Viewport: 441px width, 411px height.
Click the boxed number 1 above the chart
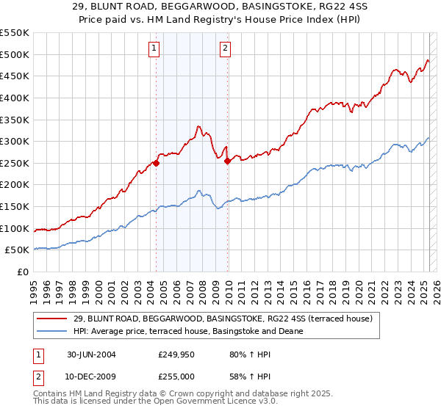click(154, 49)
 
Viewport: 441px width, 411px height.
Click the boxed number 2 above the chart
click(225, 49)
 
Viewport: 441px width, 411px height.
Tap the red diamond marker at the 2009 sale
click(228, 161)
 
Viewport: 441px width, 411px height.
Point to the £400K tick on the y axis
click(15, 98)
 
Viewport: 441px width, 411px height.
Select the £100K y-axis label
click(15, 228)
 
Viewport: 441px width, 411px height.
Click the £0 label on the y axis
click(23, 272)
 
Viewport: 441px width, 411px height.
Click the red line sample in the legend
click(51, 319)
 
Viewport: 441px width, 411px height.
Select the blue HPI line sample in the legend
click(51, 331)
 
